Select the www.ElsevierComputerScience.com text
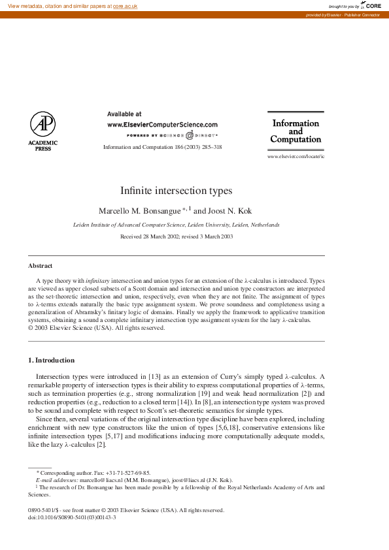(162, 124)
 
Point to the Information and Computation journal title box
(296, 131)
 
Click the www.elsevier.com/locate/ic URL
(296, 157)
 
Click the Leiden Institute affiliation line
(177, 225)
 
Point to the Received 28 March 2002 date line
(177, 236)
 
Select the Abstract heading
(40, 266)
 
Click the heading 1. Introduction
(51, 360)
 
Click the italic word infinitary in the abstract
(98, 280)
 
